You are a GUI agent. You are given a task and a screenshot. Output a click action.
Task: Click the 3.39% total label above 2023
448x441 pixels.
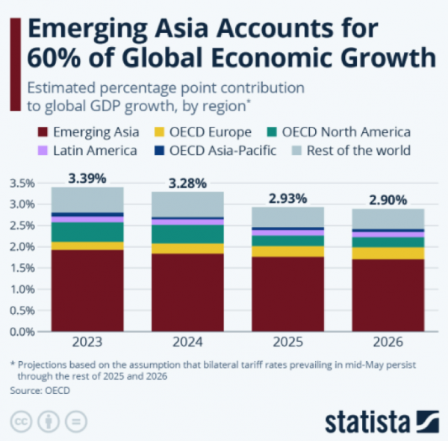pos(87,178)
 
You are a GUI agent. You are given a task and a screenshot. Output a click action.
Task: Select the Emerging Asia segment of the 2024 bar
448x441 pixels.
pos(187,293)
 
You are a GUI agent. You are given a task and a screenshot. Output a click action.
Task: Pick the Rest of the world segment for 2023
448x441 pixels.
pos(87,199)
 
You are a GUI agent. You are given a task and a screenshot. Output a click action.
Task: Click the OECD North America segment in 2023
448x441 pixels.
pos(87,232)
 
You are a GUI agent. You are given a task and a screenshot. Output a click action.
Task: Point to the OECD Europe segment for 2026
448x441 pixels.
pos(388,253)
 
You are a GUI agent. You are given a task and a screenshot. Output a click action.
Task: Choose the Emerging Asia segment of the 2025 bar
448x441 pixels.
pos(287,294)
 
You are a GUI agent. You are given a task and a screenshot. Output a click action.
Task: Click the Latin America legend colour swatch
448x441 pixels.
pos(43,151)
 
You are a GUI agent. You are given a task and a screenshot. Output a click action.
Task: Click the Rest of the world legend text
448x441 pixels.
pos(363,151)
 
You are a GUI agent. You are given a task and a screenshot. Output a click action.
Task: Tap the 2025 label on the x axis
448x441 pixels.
pos(287,343)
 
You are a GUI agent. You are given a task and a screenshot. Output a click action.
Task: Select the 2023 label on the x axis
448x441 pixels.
pos(87,343)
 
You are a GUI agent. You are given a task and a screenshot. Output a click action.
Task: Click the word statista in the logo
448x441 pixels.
pos(368,419)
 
